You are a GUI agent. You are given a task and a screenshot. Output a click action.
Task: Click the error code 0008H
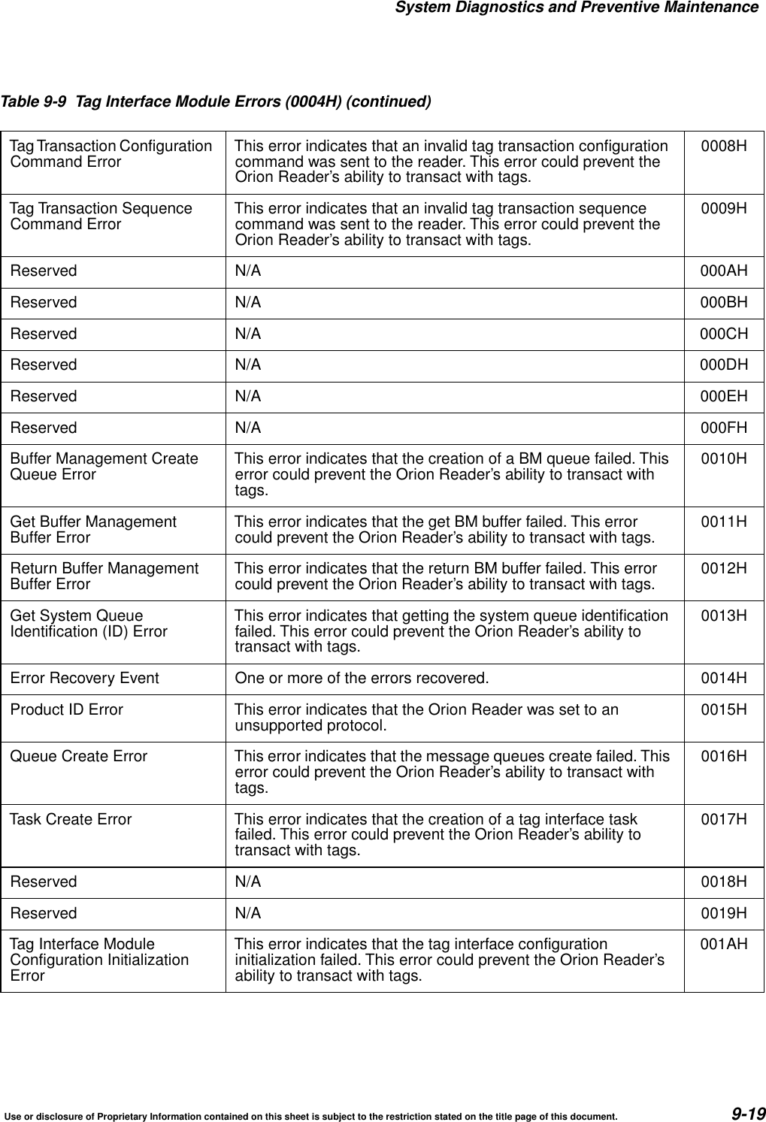click(723, 146)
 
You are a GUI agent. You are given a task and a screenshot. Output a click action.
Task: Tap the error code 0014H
click(723, 679)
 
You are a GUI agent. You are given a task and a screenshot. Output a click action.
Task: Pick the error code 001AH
click(723, 944)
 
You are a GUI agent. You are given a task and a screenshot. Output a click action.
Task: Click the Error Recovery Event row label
click(84, 679)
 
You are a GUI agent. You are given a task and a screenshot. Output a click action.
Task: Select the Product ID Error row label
click(66, 709)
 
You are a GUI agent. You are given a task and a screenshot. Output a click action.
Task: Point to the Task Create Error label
click(71, 819)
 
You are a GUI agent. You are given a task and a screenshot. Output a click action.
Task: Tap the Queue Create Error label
click(78, 756)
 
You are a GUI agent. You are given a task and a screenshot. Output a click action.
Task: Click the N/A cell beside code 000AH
click(248, 271)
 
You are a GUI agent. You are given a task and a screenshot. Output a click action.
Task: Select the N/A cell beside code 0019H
click(248, 913)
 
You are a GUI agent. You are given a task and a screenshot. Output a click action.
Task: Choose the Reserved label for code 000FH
click(43, 428)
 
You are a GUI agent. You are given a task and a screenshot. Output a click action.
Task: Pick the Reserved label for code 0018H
click(43, 882)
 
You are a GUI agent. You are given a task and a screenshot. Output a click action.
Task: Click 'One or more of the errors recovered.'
click(361, 679)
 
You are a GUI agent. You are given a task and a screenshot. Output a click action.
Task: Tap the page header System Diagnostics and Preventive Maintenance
click(576, 8)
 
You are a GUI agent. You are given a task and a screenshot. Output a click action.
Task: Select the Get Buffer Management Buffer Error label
click(93, 529)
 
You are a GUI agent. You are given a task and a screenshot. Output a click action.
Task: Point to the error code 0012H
click(723, 569)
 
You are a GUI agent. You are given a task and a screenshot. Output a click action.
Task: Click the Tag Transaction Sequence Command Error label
click(101, 216)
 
